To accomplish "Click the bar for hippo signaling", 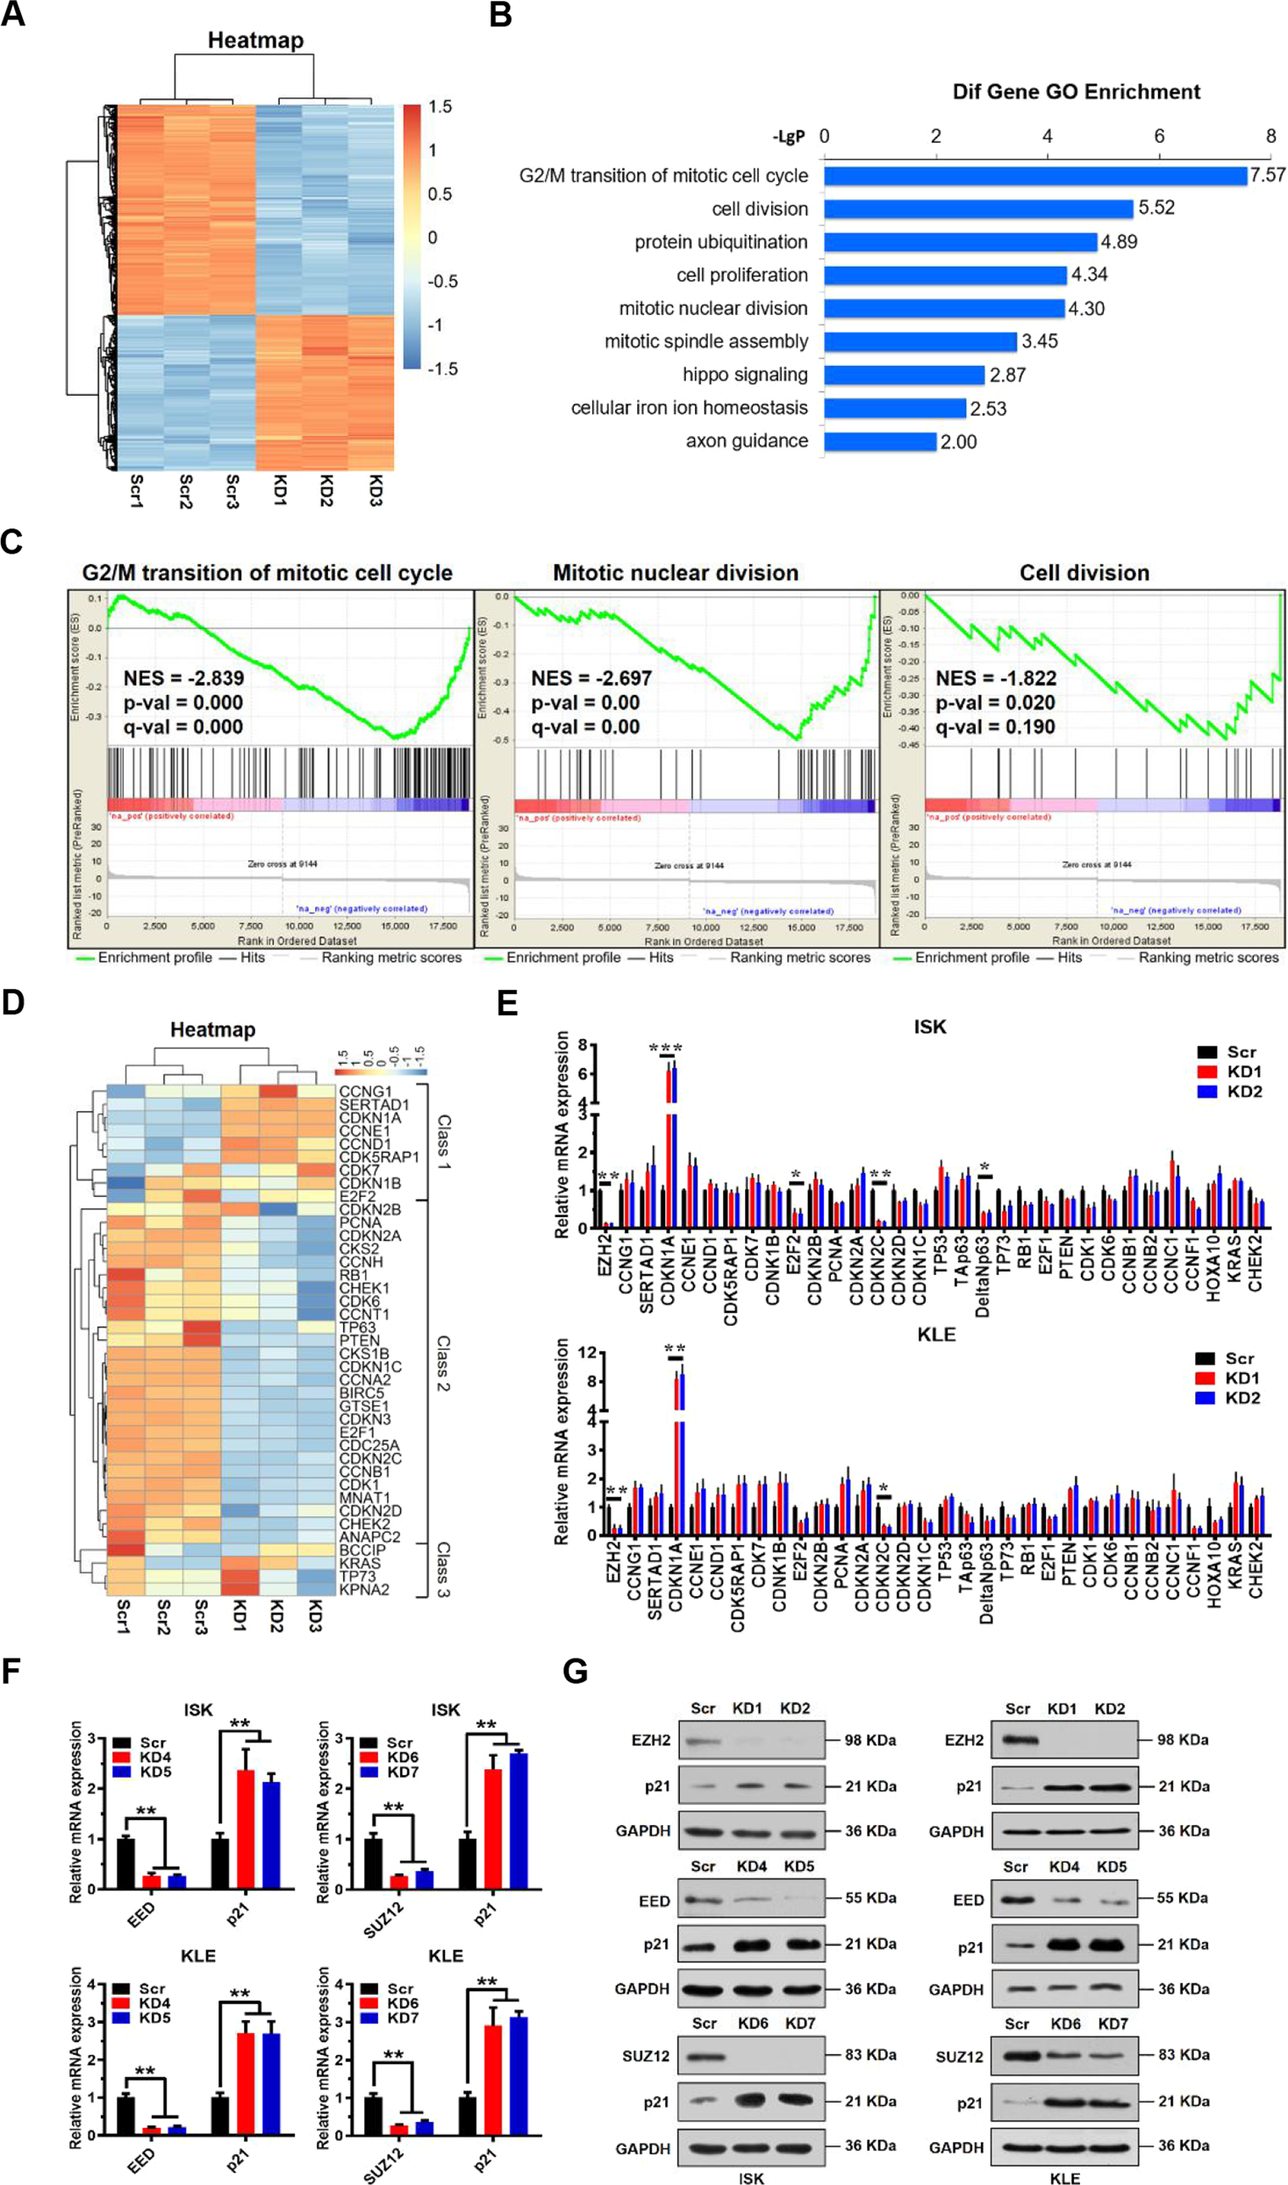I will coord(904,376).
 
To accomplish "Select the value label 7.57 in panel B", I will coord(1267,176).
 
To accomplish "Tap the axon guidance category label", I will coord(747,441).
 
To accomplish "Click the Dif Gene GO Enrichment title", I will coord(1076,92).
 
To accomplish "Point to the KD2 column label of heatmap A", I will coord(326,491).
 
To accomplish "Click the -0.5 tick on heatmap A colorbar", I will coord(442,282).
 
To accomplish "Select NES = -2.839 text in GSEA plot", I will coord(183,678).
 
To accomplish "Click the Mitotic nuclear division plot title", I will coord(675,573).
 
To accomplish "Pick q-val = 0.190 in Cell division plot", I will coord(995,727).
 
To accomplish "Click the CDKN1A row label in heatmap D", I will coord(369,1118).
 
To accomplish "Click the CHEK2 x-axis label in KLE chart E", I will coord(1256,1573).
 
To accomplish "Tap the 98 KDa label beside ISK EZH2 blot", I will coord(869,1740).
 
